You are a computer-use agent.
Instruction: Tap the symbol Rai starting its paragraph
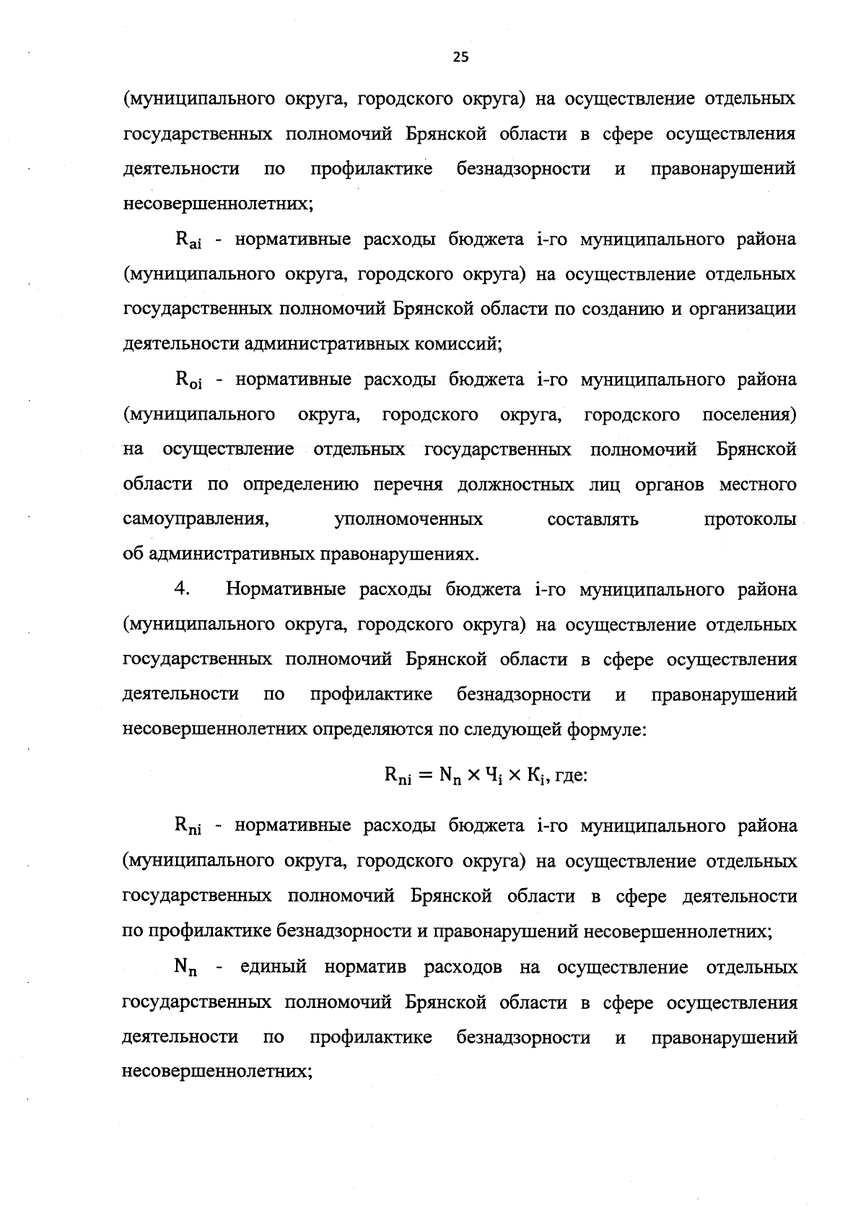coord(188,240)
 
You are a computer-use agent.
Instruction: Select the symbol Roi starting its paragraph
coord(189,381)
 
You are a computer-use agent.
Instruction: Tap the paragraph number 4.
coord(182,589)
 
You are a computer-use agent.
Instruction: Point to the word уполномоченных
coord(409,520)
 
